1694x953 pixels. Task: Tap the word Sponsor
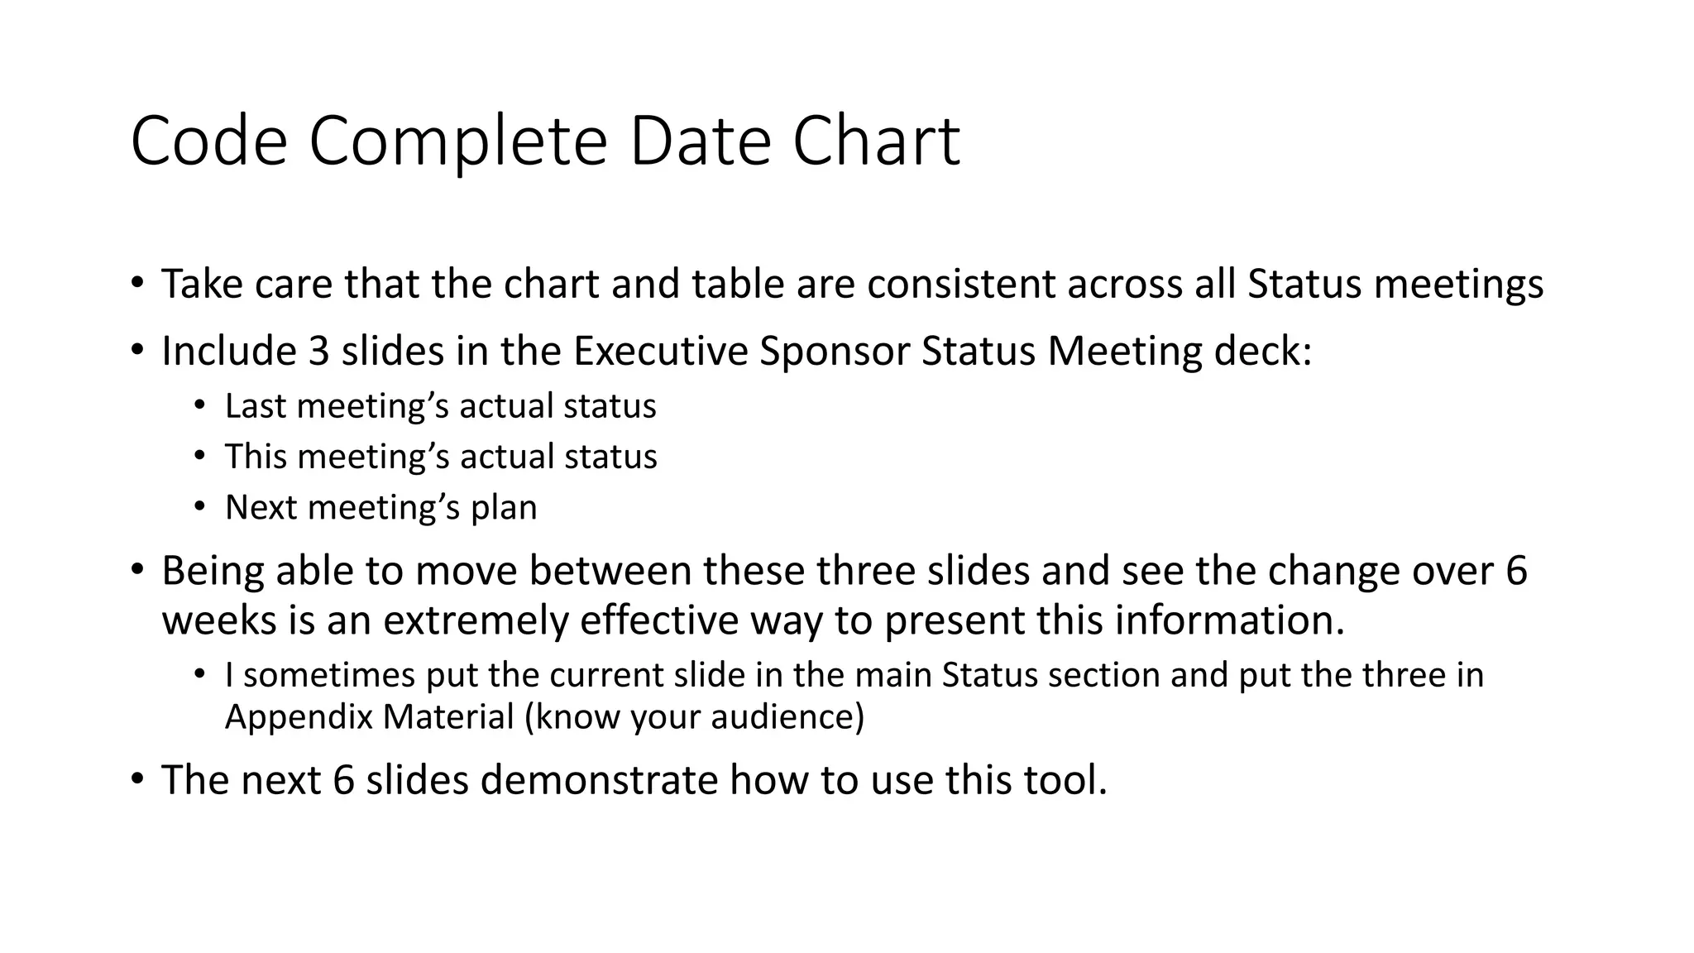coord(834,351)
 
